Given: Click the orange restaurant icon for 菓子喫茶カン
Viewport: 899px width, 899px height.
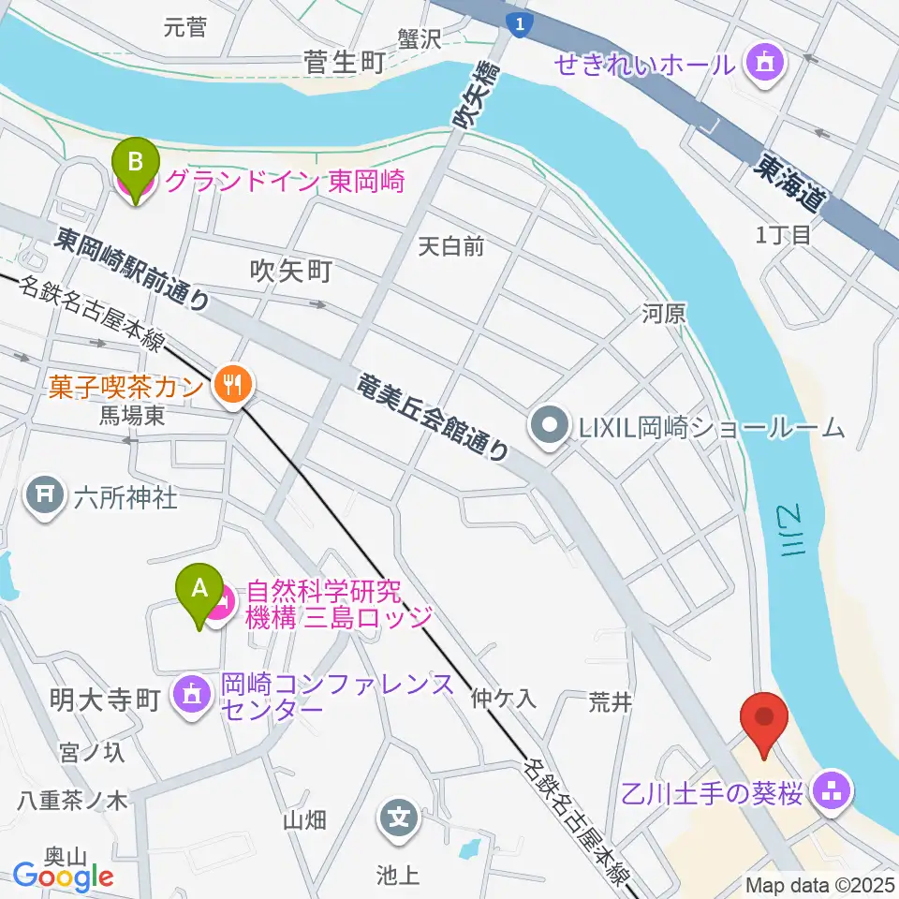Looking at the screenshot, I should pos(230,383).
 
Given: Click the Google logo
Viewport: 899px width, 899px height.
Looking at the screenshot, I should pos(64,877).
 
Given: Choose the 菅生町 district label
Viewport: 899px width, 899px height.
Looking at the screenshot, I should pos(344,63).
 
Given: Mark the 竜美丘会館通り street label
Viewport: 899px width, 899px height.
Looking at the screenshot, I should pos(435,416).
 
